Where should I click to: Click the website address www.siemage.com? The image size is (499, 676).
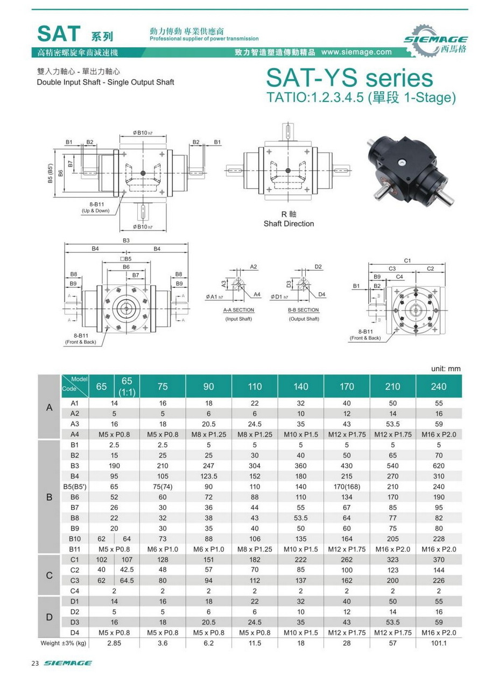[356, 52]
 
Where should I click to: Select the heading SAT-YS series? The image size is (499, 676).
[349, 79]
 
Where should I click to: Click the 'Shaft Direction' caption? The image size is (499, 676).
[289, 224]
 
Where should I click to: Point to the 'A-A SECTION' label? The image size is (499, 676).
[238, 310]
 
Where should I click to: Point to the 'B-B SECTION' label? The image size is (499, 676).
[304, 310]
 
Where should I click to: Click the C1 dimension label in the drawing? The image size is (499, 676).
[407, 260]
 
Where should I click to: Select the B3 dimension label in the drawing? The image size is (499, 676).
[126, 240]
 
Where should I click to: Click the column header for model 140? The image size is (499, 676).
[301, 387]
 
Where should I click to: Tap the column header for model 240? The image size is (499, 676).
[439, 387]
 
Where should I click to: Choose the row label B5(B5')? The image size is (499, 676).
[75, 486]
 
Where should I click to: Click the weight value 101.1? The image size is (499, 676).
[439, 643]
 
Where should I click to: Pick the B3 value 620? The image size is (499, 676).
[439, 465]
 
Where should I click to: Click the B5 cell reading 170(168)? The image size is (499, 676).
[347, 486]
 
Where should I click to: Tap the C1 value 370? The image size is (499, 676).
[439, 560]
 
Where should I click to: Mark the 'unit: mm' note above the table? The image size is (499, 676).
[446, 369]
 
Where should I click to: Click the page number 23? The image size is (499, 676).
[36, 663]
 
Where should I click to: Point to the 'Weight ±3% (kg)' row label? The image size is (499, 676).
[64, 643]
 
